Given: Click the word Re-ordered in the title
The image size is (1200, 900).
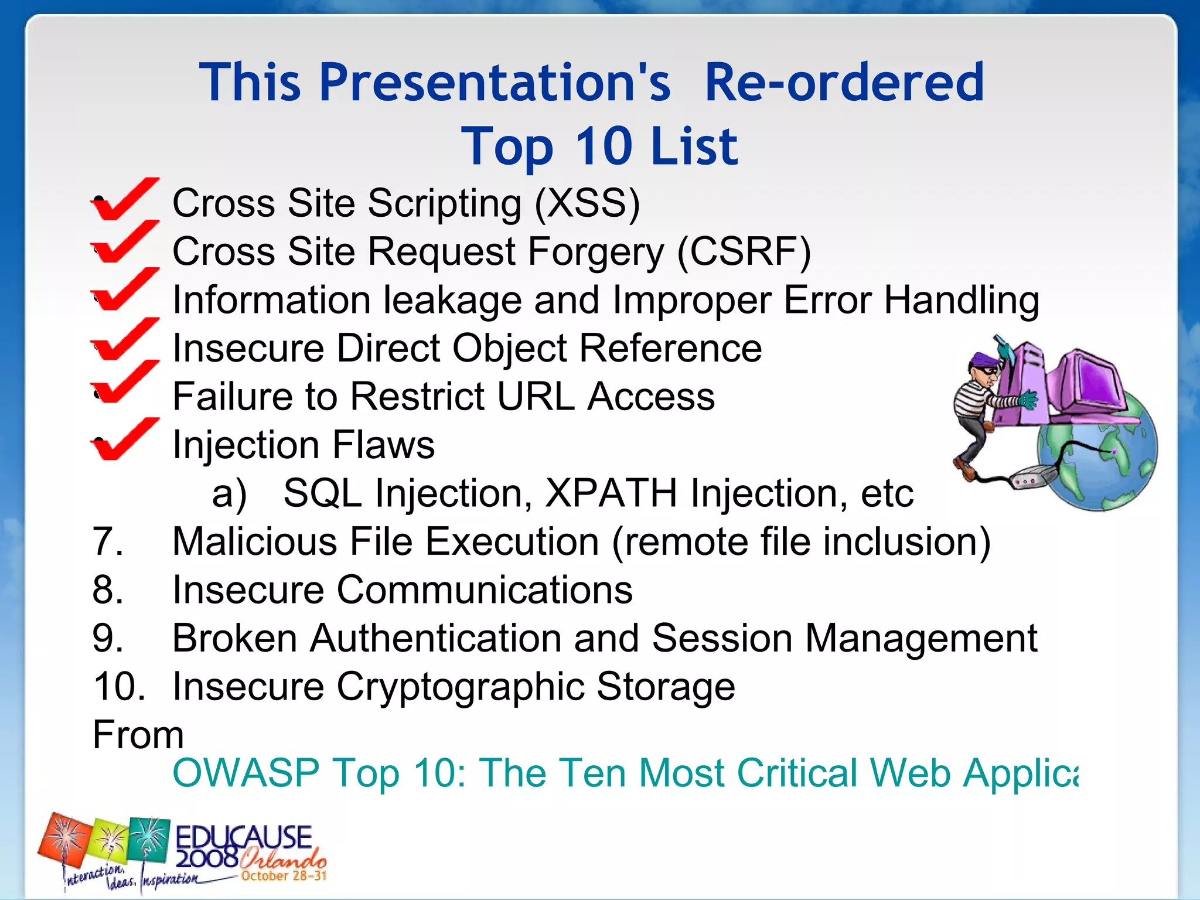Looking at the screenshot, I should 844,82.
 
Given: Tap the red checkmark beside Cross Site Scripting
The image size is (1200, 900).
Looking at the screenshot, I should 124,200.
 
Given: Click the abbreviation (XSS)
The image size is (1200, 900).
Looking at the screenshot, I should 587,203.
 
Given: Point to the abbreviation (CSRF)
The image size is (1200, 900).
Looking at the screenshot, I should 744,252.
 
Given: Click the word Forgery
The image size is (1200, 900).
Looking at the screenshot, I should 596,252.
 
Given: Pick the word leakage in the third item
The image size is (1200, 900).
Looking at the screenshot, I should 452,300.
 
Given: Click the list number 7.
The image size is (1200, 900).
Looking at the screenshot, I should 108,541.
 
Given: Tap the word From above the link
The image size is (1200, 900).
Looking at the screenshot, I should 138,735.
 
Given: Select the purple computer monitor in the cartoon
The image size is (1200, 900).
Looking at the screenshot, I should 1090,381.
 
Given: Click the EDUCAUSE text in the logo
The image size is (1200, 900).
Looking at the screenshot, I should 244,837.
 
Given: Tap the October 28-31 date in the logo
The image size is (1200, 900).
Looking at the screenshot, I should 284,876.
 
